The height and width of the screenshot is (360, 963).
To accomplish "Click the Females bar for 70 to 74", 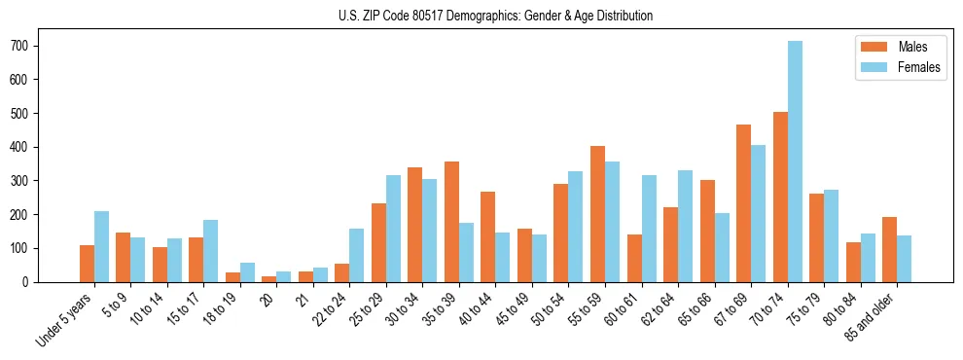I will tap(795, 162).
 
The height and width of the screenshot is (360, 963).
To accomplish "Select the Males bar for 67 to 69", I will tap(743, 203).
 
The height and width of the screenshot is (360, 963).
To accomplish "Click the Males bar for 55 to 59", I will tap(597, 214).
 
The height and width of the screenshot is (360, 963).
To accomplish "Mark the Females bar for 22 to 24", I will tap(357, 255).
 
